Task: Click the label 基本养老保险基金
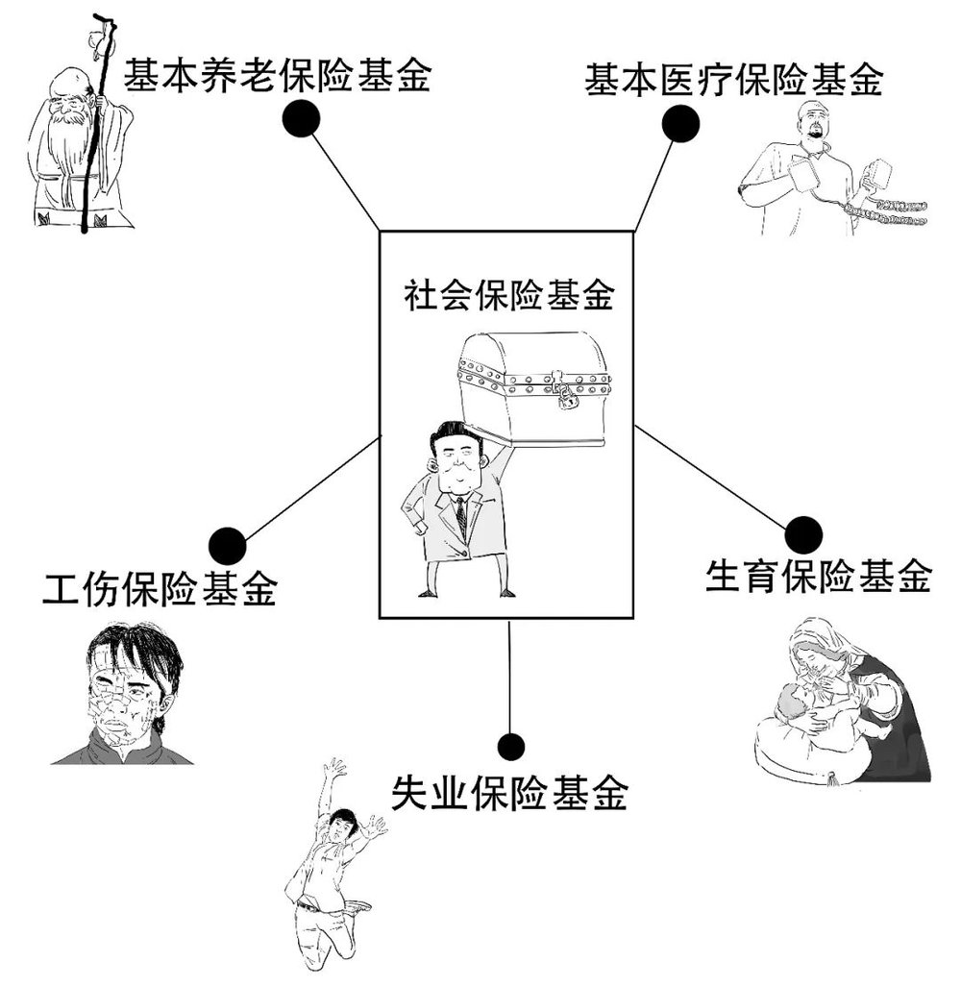pyautogui.click(x=277, y=76)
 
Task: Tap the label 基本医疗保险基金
pyautogui.click(x=734, y=80)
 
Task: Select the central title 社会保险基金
pyautogui.click(x=508, y=294)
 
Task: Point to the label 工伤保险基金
pyautogui.click(x=160, y=588)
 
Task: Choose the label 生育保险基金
pyautogui.click(x=818, y=576)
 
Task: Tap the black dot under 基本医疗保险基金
pyautogui.click(x=680, y=123)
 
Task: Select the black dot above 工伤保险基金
pyautogui.click(x=227, y=545)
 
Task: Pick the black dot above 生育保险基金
pyautogui.click(x=803, y=535)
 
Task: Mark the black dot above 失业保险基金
pyautogui.click(x=510, y=747)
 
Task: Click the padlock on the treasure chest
pyautogui.click(x=566, y=397)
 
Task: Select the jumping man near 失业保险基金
pyautogui.click(x=333, y=869)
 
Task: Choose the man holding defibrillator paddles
pyautogui.click(x=830, y=170)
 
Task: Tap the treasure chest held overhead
pyautogui.click(x=533, y=389)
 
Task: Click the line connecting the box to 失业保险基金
pyautogui.click(x=509, y=678)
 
